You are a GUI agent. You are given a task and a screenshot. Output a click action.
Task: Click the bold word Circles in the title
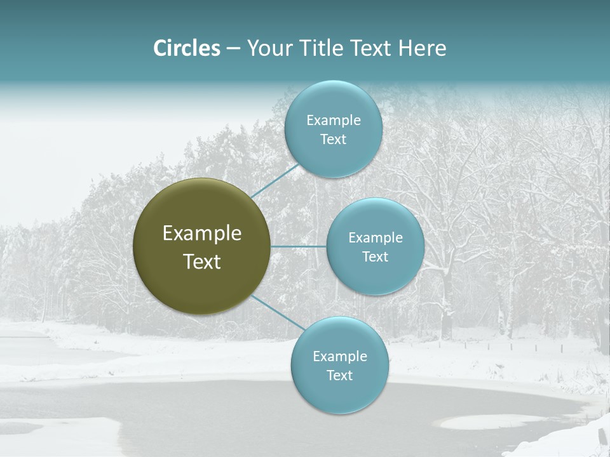click(187, 48)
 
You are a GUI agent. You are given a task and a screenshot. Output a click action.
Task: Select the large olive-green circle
click(201, 246)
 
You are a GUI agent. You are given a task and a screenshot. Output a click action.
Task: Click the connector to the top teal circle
click(274, 180)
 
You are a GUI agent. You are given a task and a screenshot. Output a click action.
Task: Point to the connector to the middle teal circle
click(298, 246)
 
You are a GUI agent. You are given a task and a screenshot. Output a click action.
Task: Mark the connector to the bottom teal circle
click(277, 312)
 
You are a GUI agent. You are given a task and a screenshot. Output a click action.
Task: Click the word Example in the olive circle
click(202, 233)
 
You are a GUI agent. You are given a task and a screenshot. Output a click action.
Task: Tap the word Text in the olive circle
click(202, 262)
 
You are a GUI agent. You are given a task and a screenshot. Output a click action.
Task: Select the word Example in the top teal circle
click(334, 120)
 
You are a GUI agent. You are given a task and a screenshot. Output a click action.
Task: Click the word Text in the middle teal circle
click(376, 256)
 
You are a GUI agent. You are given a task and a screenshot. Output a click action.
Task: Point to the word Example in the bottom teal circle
click(340, 356)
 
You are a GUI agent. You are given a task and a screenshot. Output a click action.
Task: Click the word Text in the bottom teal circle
click(340, 375)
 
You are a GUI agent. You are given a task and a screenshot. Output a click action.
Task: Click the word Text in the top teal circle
click(334, 139)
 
